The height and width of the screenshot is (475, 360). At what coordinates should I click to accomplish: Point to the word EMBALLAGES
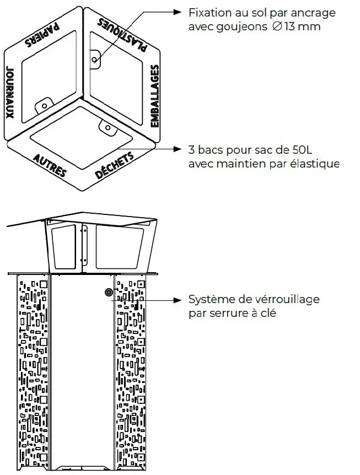(155, 96)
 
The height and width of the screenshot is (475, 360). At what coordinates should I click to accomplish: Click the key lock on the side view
(108, 293)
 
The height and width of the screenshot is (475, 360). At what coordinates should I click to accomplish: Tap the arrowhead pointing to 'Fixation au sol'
(178, 12)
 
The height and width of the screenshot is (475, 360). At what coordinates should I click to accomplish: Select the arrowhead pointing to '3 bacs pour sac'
(178, 149)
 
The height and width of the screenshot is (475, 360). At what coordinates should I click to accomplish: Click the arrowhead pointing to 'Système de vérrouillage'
(178, 300)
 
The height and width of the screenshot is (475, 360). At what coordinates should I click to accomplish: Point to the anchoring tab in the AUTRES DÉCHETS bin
(106, 128)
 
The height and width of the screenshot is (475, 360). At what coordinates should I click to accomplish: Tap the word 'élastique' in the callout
(318, 164)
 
